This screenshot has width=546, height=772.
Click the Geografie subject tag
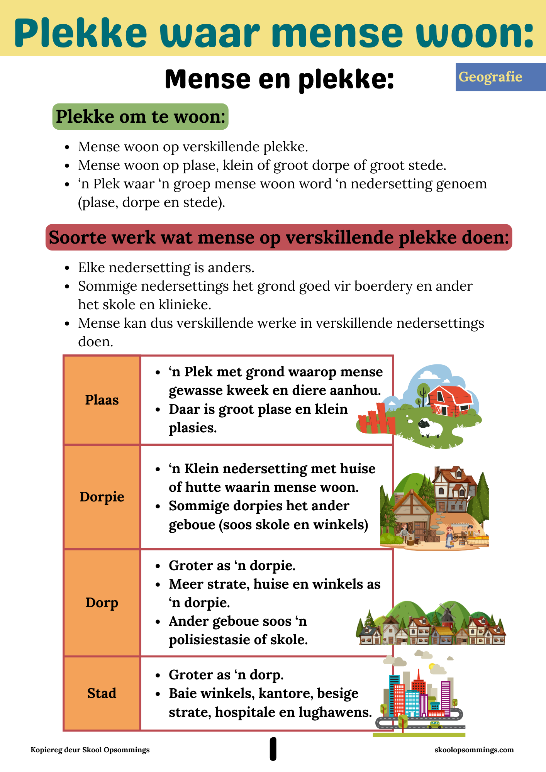coord(490,77)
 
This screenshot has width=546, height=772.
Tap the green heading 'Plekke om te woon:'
coord(140,117)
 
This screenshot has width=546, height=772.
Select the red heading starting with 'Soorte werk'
coord(279,237)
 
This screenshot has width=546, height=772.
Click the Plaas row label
coord(102,400)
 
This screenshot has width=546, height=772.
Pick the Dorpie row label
coord(102,497)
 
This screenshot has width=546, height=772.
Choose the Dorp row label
coord(102,603)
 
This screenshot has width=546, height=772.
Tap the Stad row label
coord(102,693)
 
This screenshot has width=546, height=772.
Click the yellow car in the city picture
coord(435,725)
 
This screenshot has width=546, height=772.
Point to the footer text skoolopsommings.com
coord(474,750)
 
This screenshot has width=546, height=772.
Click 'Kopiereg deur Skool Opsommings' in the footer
coord(90,750)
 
